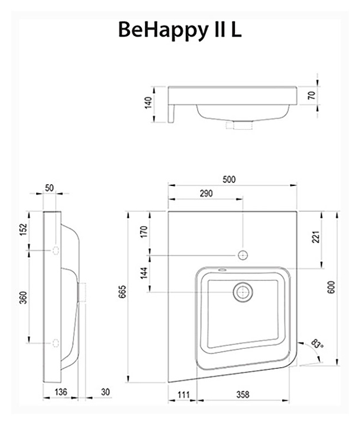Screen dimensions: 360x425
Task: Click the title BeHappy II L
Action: tap(180, 30)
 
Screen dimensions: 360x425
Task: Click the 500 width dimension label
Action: tap(229, 179)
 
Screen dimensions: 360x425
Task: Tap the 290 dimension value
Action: tap(207, 194)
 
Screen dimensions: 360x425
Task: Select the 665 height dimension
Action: tap(123, 292)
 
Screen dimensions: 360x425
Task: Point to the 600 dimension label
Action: tap(331, 287)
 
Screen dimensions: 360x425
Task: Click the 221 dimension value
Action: tap(316, 237)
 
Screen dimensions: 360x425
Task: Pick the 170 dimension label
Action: tap(144, 232)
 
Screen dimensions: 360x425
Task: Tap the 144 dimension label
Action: tap(144, 273)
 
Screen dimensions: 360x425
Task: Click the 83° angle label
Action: tap(317, 344)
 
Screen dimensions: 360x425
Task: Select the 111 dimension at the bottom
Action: tap(184, 395)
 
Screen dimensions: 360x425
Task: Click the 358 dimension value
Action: tap(243, 395)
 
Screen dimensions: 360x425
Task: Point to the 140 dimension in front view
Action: tap(148, 103)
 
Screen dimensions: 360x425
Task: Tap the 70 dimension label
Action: tap(312, 96)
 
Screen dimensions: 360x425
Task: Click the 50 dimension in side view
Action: tap(50, 188)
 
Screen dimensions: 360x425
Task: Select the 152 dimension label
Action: tap(24, 229)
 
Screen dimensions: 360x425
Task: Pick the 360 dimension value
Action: tap(24, 297)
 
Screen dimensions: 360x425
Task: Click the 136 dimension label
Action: tap(60, 392)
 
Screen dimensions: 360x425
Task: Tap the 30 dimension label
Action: tap(106, 392)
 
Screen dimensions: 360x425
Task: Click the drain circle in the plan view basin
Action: tap(243, 292)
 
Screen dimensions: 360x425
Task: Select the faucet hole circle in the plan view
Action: tap(243, 255)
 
